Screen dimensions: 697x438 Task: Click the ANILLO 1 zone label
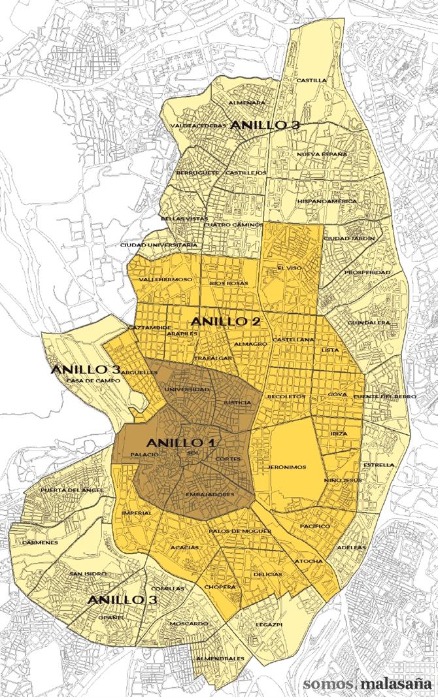pos(181,441)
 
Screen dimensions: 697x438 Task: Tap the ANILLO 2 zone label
pos(226,322)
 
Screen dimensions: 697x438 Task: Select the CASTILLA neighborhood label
pos(311,80)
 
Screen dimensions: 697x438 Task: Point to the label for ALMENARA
pos(247,103)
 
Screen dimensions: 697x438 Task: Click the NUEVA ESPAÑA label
pos(322,154)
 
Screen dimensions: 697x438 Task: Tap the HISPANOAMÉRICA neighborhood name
pos(327,201)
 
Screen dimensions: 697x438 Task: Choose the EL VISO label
pos(288,267)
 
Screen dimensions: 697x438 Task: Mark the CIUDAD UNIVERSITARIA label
pos(159,245)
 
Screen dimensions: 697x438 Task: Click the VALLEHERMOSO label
pos(165,280)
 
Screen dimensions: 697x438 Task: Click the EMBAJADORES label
pos(210,494)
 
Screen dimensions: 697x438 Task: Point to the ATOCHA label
pos(308,561)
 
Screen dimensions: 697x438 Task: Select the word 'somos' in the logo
pos(328,684)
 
